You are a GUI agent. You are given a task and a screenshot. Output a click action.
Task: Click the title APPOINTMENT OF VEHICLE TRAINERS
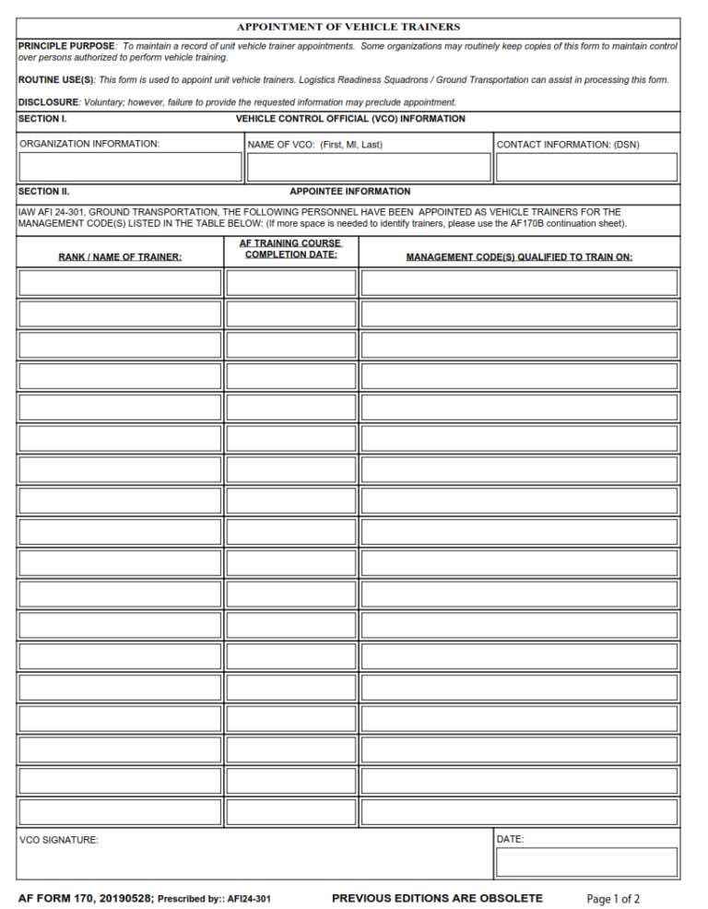(348, 28)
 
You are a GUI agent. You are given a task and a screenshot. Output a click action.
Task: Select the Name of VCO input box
(368, 167)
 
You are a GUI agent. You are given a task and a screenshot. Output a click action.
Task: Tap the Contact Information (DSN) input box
(586, 167)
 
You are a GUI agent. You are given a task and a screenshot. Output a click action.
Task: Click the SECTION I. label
(42, 119)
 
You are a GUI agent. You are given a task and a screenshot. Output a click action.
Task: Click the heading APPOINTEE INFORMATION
(349, 192)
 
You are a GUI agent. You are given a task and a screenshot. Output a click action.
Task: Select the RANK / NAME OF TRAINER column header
(120, 257)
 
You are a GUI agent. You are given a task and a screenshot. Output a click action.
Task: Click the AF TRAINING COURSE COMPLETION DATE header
(290, 249)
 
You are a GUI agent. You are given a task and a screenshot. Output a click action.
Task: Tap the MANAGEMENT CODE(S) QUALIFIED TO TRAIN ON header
(519, 257)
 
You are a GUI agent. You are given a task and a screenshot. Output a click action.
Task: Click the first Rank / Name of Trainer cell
(120, 283)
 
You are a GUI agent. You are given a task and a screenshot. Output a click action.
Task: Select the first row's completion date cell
(290, 283)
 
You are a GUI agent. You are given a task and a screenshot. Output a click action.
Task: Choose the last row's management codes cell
(519, 812)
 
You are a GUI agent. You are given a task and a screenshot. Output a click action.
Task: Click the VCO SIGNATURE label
(59, 840)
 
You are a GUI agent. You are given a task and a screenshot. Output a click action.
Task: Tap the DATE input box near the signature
(586, 862)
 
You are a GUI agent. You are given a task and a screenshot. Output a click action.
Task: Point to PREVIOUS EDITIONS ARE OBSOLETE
(437, 898)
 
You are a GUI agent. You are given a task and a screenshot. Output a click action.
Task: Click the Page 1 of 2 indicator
(613, 899)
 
